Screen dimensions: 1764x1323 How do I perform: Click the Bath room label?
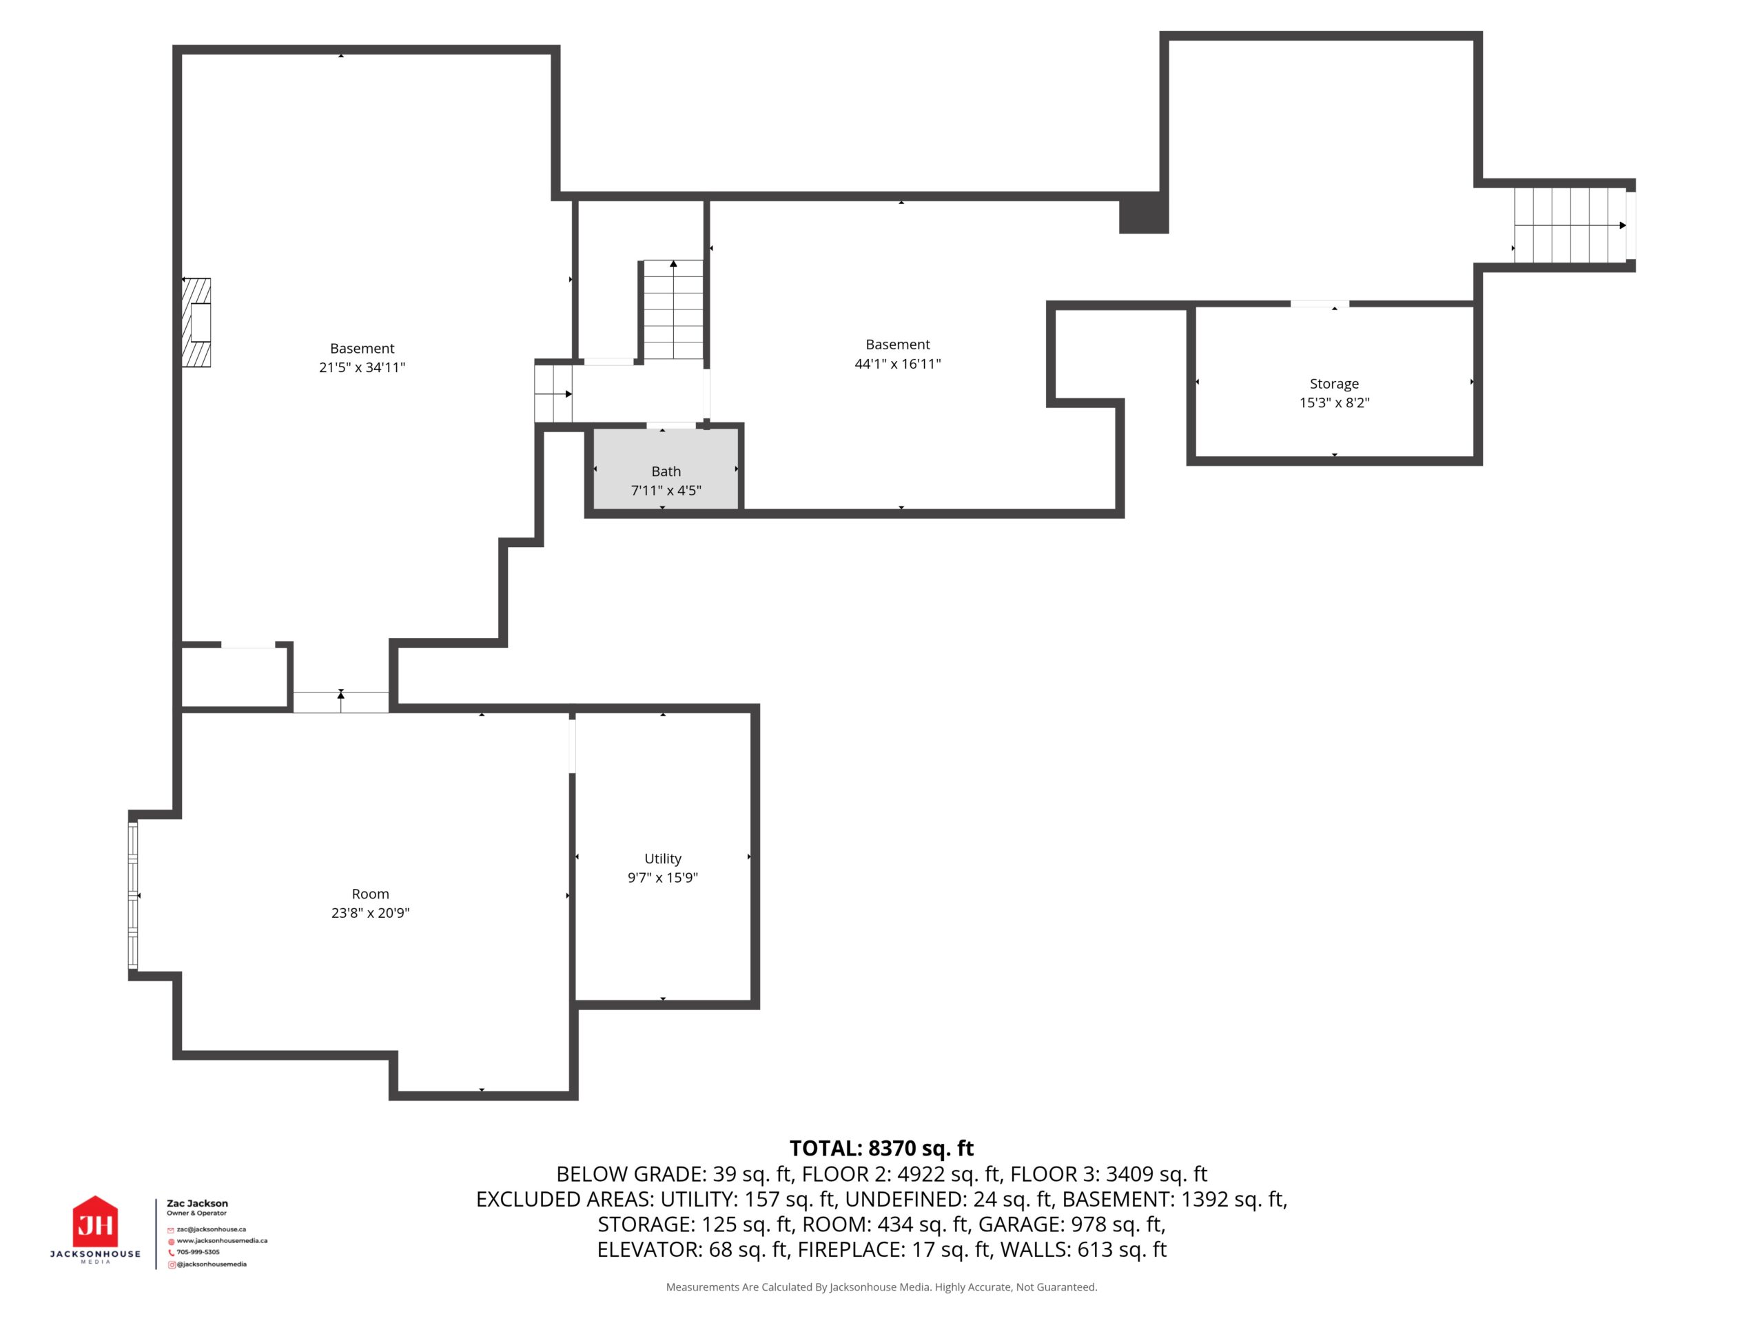[x=666, y=471]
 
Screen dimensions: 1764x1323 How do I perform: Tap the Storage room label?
[x=1334, y=384]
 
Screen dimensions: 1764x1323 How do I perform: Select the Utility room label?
[x=663, y=858]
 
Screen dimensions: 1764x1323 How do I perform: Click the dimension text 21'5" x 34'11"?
[x=362, y=367]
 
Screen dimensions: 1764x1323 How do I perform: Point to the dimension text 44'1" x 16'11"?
[x=898, y=364]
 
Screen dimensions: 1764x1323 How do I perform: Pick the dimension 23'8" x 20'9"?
[x=370, y=912]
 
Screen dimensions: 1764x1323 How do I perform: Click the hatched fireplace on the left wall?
[x=197, y=322]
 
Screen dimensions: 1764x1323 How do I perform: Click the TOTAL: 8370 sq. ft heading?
[x=881, y=1147]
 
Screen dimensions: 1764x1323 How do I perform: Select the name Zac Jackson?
[x=197, y=1203]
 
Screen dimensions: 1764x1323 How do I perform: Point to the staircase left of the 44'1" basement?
[x=673, y=309]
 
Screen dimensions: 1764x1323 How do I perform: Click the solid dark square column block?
[x=1144, y=213]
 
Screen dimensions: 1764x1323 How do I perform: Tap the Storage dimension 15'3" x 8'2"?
[x=1334, y=402]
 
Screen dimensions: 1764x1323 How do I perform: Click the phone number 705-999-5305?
[x=198, y=1252]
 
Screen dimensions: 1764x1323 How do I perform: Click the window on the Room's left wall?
[x=133, y=896]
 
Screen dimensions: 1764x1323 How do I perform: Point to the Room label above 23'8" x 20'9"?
[x=370, y=894]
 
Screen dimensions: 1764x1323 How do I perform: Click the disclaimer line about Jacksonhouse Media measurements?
[x=881, y=1286]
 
